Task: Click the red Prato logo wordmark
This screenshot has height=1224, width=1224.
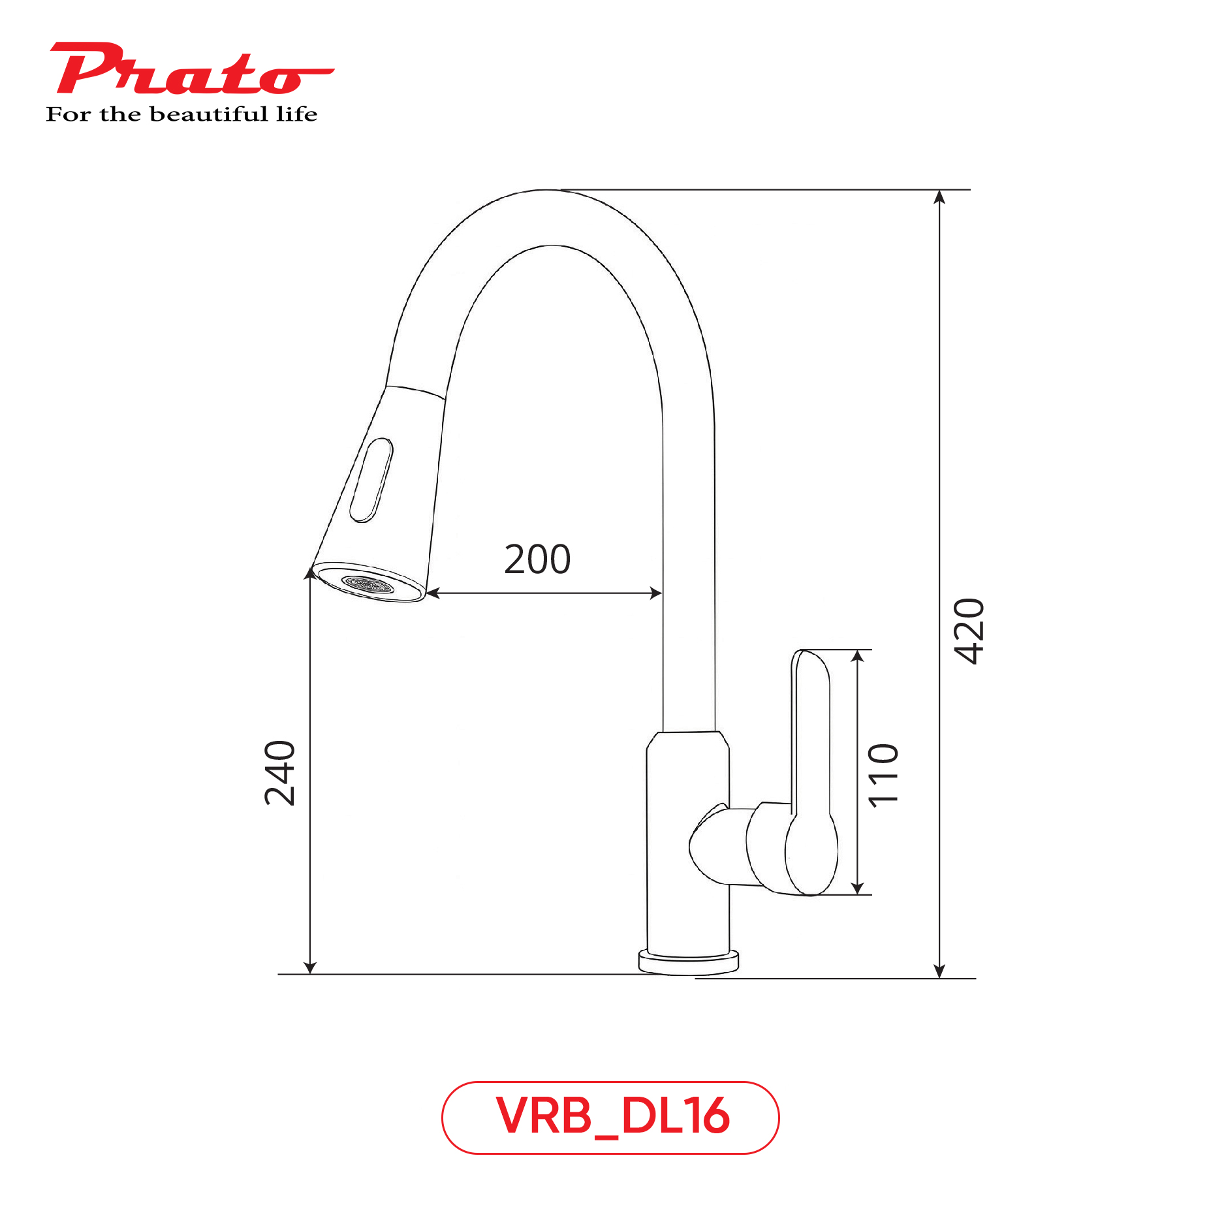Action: [x=189, y=69]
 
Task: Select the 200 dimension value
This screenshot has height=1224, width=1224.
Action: [x=537, y=559]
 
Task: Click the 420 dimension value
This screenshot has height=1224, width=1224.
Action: [x=969, y=631]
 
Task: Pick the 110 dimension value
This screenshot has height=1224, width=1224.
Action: [x=884, y=775]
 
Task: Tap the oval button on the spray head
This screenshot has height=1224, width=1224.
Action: [x=371, y=480]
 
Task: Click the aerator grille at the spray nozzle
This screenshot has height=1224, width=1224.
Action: [x=368, y=584]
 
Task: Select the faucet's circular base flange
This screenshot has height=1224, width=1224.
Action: [x=688, y=961]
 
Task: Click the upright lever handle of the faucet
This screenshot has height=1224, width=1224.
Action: [x=811, y=770]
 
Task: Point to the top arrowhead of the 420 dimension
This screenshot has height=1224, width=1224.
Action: [x=939, y=196]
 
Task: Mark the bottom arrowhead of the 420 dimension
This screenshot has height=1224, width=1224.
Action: [x=939, y=971]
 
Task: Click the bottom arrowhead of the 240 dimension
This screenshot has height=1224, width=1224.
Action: [x=310, y=967]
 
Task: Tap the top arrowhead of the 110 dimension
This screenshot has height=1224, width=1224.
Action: [x=858, y=656]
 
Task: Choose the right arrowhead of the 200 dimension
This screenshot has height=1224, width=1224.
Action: [x=656, y=593]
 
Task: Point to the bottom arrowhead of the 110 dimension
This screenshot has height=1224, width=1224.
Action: [x=858, y=888]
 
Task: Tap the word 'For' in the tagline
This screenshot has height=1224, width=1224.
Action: [x=68, y=114]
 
